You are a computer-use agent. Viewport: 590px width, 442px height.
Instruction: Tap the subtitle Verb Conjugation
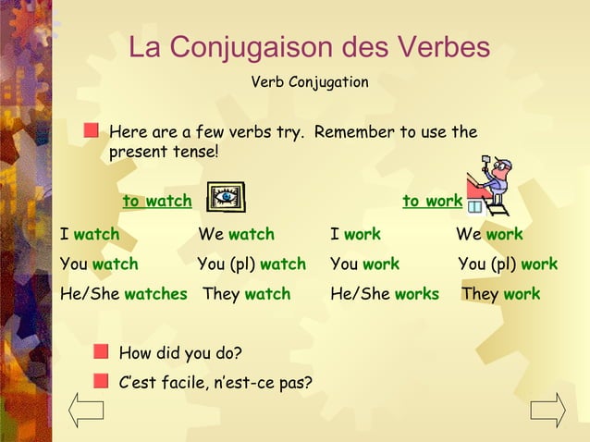[309, 82]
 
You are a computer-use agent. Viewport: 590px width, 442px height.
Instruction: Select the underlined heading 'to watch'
[157, 201]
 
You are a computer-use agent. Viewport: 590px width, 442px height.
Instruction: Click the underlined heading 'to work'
[432, 201]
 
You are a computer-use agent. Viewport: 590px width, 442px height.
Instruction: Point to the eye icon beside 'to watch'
[226, 198]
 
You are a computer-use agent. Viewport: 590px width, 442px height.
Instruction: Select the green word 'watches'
[155, 294]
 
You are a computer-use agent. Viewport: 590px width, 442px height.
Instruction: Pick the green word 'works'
[416, 294]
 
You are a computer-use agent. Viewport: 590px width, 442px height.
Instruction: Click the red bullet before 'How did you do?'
[101, 352]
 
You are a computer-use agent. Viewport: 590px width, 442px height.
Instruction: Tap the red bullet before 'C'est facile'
[101, 379]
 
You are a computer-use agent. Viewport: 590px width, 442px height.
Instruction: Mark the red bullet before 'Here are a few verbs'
[91, 131]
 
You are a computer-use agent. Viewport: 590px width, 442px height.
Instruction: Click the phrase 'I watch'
[90, 234]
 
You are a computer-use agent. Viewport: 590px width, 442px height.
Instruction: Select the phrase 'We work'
[489, 234]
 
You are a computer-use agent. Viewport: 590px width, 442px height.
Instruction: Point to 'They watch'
[246, 294]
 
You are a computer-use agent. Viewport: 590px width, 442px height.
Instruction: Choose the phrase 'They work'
[500, 294]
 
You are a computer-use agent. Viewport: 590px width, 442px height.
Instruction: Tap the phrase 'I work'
[355, 234]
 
